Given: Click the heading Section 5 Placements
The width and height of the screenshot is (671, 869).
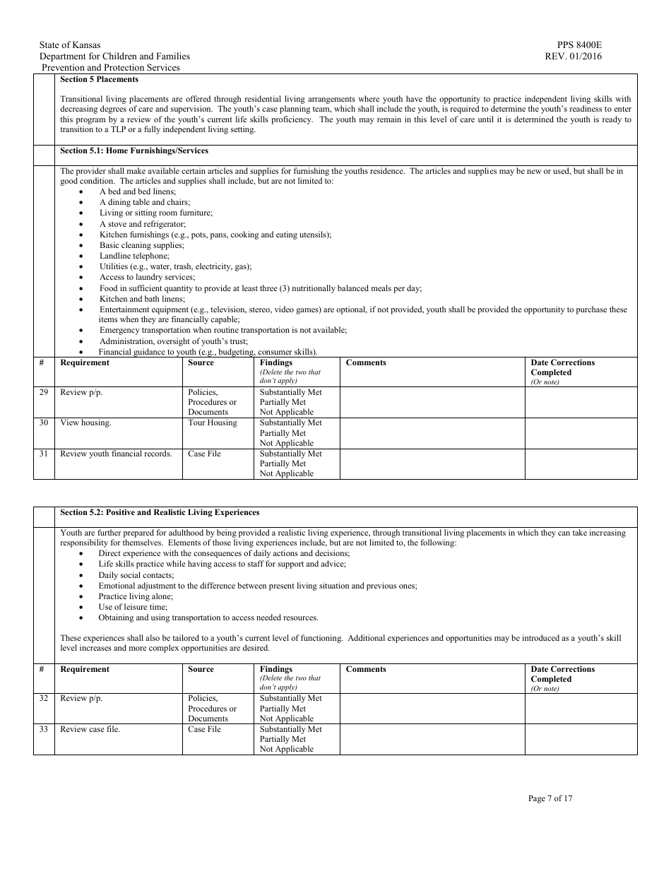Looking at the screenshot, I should (x=100, y=80).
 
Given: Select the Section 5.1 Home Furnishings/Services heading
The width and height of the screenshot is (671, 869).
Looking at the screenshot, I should (x=134, y=150).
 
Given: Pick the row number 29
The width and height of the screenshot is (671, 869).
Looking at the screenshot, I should (x=44, y=392).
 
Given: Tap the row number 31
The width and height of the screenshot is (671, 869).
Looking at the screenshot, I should (x=44, y=454).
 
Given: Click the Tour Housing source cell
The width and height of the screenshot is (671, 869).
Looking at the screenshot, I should (x=213, y=422).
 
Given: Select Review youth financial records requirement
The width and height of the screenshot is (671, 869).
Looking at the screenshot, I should (x=116, y=454).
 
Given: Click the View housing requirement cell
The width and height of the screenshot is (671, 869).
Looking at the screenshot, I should (x=85, y=422).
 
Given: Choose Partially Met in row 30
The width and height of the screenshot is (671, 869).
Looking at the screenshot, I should (x=283, y=433).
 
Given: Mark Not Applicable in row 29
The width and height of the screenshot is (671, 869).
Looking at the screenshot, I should (x=286, y=412).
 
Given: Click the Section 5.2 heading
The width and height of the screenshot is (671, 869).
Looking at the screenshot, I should (x=160, y=512).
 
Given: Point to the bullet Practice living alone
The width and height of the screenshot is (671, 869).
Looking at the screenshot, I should (x=136, y=596).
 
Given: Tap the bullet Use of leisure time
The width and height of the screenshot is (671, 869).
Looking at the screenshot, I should (x=133, y=607).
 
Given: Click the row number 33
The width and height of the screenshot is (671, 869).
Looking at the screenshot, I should (x=44, y=729).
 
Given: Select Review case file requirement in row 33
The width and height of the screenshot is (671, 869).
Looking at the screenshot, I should (x=90, y=729).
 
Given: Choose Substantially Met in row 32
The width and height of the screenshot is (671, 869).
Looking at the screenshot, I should (x=290, y=698).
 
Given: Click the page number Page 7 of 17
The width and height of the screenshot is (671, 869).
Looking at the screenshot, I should (x=550, y=798).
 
